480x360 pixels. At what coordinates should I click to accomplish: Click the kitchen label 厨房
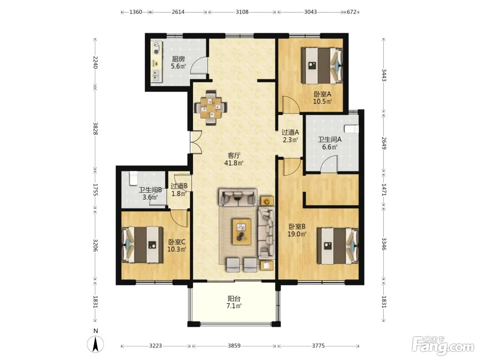(x=178, y=59)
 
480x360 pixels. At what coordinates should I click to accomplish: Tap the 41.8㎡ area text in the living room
(x=234, y=163)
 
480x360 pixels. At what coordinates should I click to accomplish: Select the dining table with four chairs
(x=211, y=108)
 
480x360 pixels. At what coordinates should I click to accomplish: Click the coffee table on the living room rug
(x=242, y=232)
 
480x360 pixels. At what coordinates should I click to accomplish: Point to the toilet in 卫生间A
(x=352, y=129)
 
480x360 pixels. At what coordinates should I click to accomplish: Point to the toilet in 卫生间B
(x=133, y=178)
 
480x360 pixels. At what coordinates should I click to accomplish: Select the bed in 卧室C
(x=142, y=244)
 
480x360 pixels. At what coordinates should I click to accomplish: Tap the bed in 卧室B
(x=338, y=246)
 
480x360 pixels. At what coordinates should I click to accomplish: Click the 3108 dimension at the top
(x=242, y=12)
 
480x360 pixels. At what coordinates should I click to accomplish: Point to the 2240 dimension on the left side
(x=95, y=62)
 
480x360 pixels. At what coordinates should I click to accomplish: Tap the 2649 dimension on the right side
(x=384, y=143)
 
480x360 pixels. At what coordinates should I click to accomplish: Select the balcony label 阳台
(x=234, y=298)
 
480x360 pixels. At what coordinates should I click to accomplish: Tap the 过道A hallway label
(x=290, y=132)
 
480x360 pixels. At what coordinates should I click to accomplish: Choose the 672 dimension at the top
(x=351, y=12)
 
